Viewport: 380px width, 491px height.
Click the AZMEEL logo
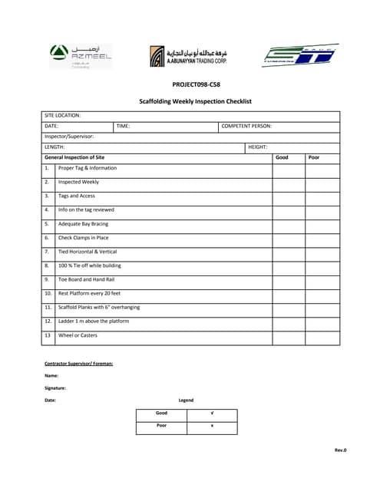(79, 54)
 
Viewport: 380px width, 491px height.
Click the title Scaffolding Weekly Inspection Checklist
(195, 101)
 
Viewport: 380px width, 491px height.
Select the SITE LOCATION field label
(63, 115)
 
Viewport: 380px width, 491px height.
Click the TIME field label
(123, 126)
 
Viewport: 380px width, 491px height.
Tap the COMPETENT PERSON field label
(246, 126)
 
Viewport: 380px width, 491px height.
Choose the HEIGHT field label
(257, 147)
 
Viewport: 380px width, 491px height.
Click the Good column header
(282, 157)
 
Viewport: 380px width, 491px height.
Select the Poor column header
(313, 157)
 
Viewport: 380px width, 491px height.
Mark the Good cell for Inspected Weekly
(289, 183)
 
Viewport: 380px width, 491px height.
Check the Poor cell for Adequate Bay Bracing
(322, 224)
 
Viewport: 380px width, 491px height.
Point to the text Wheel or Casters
(78, 335)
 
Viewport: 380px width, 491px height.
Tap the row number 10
(48, 293)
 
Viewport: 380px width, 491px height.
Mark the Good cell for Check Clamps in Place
(289, 238)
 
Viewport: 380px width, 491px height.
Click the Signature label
(55, 388)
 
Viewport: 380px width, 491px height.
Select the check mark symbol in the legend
(212, 414)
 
